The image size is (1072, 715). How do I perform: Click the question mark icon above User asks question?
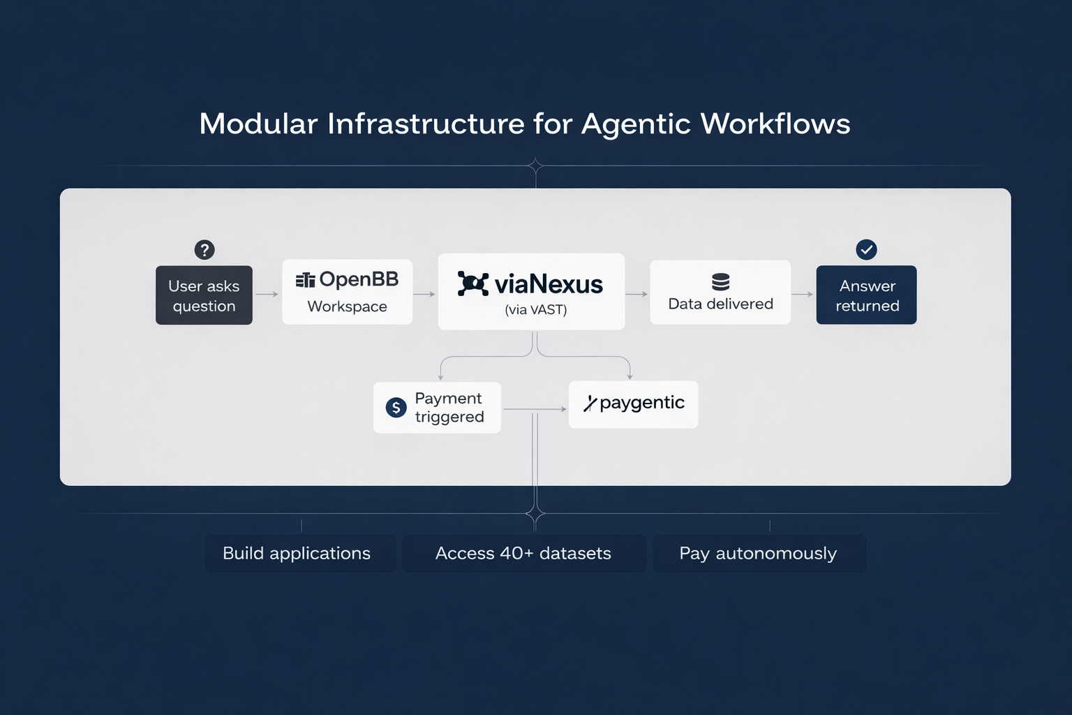[204, 249]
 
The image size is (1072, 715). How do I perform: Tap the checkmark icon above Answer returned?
[866, 249]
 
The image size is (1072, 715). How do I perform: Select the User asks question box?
[204, 295]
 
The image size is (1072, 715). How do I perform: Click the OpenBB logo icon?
[305, 280]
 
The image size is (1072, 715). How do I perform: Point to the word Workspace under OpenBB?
[347, 307]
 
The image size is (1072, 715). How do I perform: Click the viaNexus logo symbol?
[472, 283]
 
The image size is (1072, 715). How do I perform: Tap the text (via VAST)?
[535, 309]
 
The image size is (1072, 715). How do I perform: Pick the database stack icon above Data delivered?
[720, 281]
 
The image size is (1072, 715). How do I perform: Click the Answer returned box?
[866, 295]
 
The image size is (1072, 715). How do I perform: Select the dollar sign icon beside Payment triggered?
[396, 408]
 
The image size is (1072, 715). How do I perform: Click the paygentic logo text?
[641, 403]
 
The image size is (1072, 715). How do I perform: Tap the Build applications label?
[297, 553]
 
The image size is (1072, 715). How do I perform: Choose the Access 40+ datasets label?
[523, 553]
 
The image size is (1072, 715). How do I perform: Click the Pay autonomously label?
[758, 553]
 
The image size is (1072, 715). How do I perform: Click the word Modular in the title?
[258, 124]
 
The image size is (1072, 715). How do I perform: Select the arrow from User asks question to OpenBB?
[267, 295]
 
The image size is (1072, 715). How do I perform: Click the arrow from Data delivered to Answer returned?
[803, 294]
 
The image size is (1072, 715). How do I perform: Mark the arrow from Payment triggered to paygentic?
[535, 409]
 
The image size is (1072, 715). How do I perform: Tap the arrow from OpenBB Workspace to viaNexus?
[424, 295]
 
